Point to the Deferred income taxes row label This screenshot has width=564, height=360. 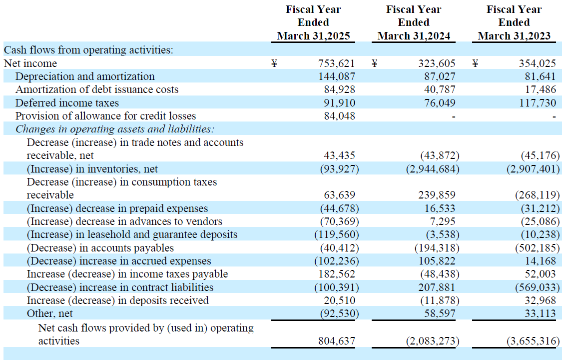[67, 103]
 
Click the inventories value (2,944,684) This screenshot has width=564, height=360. [433, 169]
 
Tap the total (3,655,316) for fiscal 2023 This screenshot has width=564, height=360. [533, 341]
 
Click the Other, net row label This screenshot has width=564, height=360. [49, 313]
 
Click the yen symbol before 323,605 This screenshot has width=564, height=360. [375, 63]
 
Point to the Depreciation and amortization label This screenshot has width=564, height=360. [85, 76]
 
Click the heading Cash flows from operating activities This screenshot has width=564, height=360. [88, 50]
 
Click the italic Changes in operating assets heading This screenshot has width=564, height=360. [114, 129]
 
